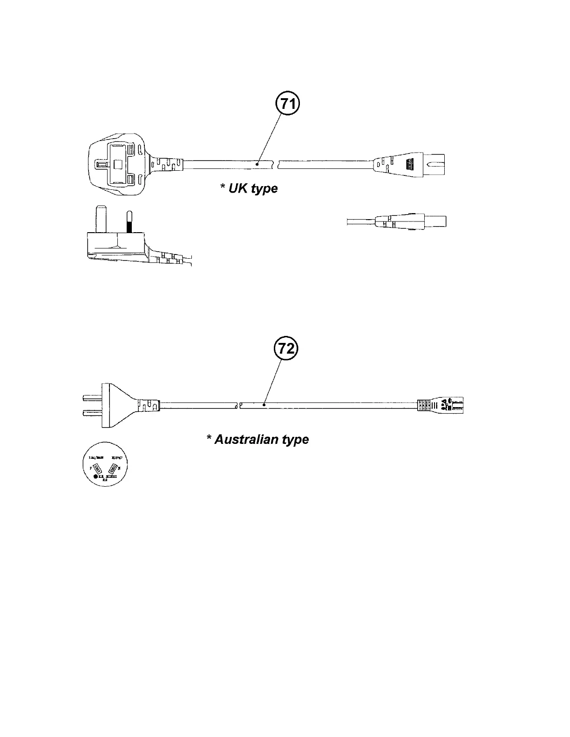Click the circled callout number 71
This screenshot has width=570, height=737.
288,104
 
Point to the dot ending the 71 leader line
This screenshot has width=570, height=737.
257,163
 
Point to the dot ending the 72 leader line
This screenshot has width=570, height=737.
264,405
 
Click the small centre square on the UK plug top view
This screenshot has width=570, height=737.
117,164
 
